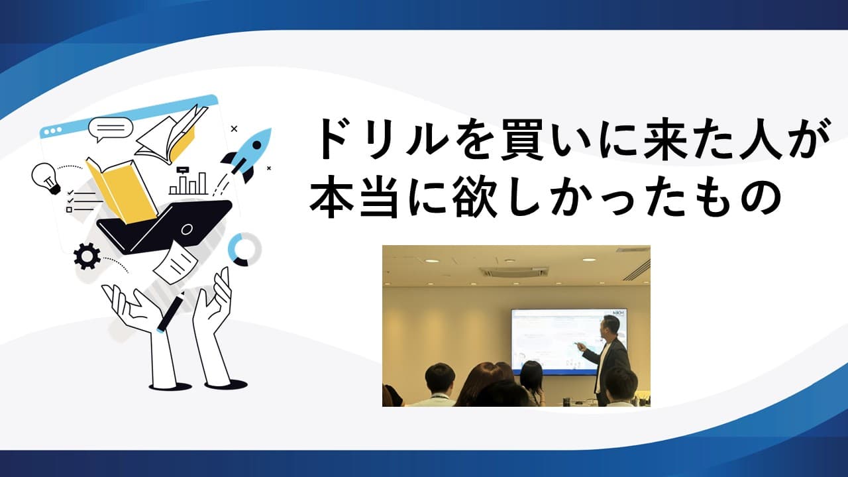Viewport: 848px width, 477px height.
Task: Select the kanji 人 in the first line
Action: (x=746, y=141)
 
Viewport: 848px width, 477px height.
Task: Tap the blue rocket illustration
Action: (x=250, y=154)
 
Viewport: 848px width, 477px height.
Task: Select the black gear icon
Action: (x=87, y=256)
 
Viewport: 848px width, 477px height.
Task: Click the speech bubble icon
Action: (x=110, y=129)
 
